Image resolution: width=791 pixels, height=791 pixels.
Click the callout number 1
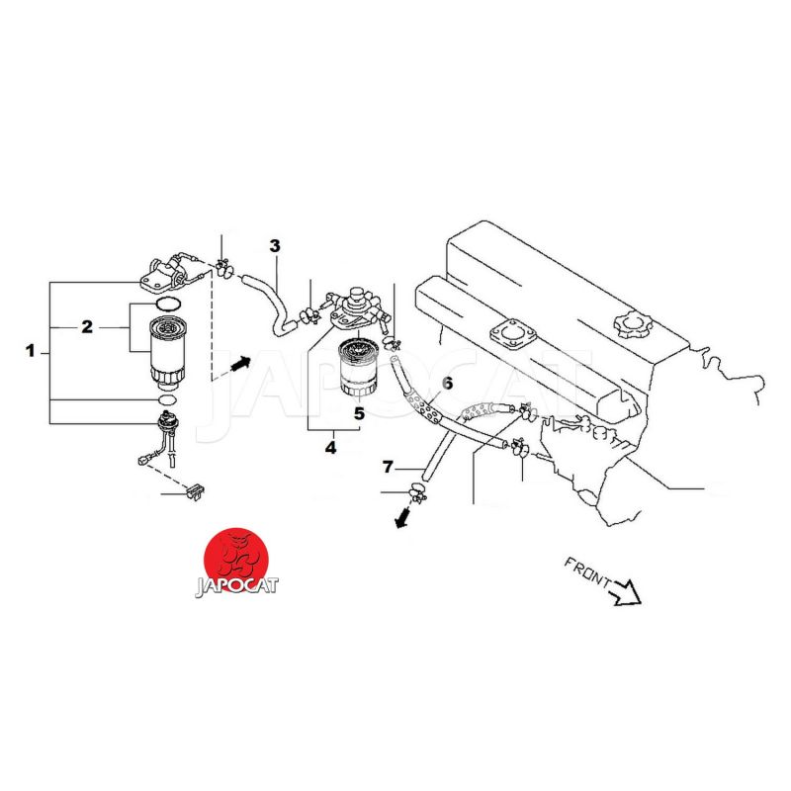[31, 351]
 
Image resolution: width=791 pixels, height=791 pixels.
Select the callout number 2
[87, 327]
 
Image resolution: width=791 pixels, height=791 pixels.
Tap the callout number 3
[275, 246]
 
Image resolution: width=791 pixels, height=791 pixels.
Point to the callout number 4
[330, 447]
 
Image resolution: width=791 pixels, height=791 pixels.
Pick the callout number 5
[359, 413]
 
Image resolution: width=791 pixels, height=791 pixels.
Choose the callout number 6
[447, 384]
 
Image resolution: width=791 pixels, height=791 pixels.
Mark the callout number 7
[388, 467]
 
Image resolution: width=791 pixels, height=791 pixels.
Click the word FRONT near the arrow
[586, 572]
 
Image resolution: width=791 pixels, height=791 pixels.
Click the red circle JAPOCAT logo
[236, 561]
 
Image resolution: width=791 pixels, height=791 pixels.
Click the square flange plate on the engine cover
[512, 333]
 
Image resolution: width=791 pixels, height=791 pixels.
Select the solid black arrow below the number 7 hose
[402, 518]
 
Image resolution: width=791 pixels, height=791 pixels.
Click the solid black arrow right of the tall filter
[240, 363]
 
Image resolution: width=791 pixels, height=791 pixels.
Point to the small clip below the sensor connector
[196, 491]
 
